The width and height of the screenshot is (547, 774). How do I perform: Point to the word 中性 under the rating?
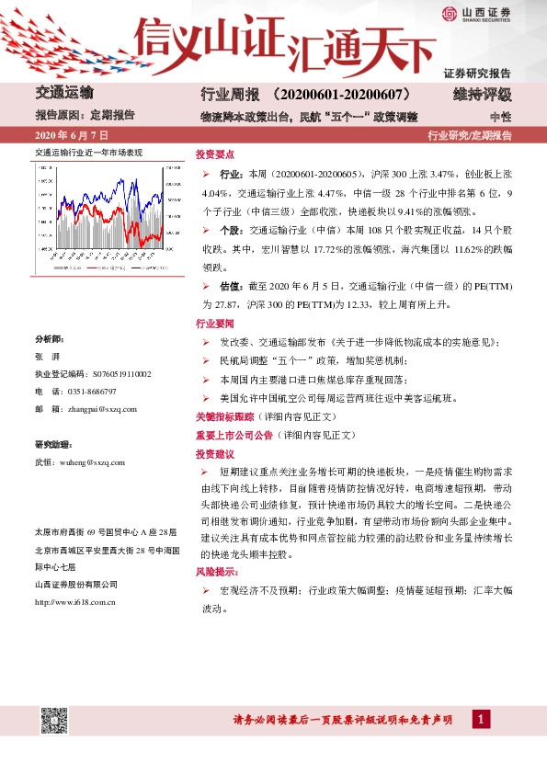[500, 117]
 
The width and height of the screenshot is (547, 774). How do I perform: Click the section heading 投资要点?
[215, 154]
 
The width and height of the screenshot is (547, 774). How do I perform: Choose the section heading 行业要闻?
[215, 324]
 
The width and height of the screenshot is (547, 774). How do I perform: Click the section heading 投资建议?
[215, 454]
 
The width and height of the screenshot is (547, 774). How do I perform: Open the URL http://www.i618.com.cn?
[74, 602]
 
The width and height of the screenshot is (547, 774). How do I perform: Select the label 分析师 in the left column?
[49, 339]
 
